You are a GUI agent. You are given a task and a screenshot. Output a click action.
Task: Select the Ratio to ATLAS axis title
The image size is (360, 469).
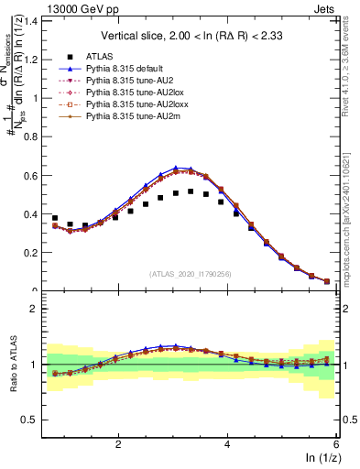tap(12, 366)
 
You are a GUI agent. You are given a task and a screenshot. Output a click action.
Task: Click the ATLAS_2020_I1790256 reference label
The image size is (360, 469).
tap(190, 273)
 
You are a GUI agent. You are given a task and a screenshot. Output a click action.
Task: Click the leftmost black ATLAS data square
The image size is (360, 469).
tap(55, 219)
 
